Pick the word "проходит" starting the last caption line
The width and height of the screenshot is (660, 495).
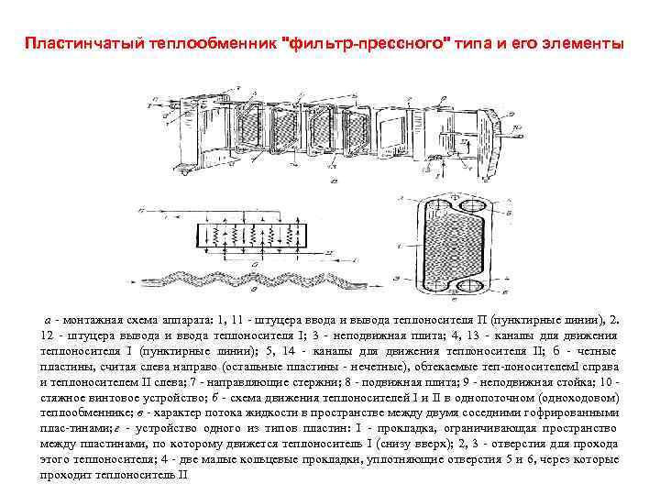point(65,477)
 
